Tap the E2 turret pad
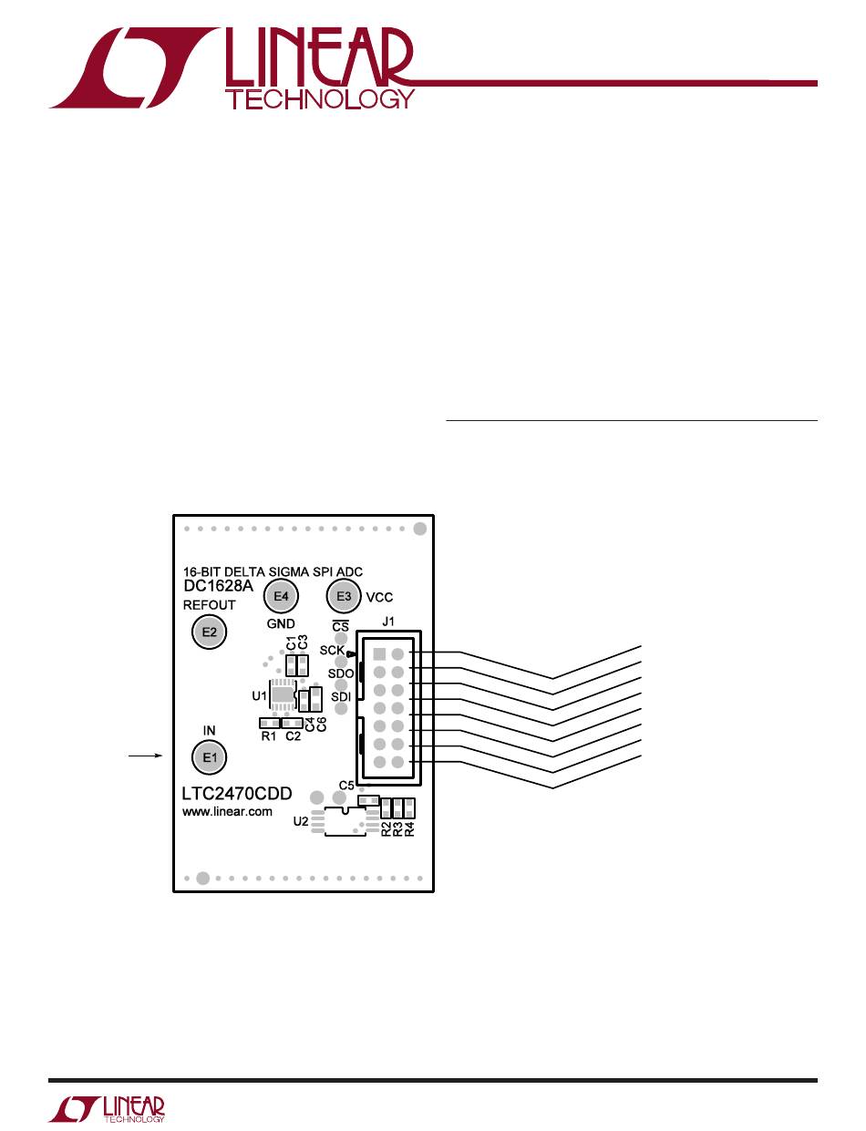pyautogui.click(x=210, y=632)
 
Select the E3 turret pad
pyautogui.click(x=344, y=597)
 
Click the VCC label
pyautogui.click(x=379, y=598)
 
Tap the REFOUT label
pyautogui.click(x=210, y=605)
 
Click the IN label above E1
pyautogui.click(x=209, y=731)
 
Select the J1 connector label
pyautogui.click(x=387, y=622)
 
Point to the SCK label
pyautogui.click(x=332, y=651)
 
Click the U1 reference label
pyautogui.click(x=258, y=696)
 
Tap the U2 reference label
pyautogui.click(x=300, y=821)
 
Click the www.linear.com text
pyautogui.click(x=227, y=812)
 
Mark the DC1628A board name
pyautogui.click(x=218, y=587)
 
